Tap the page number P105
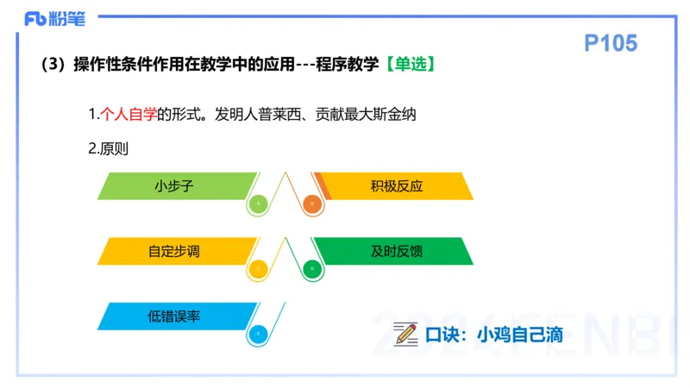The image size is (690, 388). coord(610,43)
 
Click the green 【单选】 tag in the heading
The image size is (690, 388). coord(408,65)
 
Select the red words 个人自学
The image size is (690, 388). coord(129,114)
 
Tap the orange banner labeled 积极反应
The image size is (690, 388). coord(397,186)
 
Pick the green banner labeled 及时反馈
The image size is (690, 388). coord(397,251)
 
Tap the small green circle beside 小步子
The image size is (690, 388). coord(259,204)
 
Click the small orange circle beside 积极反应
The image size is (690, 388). coord(312,204)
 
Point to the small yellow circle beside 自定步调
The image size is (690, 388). coord(259,269)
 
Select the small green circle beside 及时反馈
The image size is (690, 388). coord(312,269)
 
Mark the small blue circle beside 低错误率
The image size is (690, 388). coord(259,334)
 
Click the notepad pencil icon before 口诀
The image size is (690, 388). coord(405,334)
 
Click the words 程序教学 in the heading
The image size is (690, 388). coord(349,65)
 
